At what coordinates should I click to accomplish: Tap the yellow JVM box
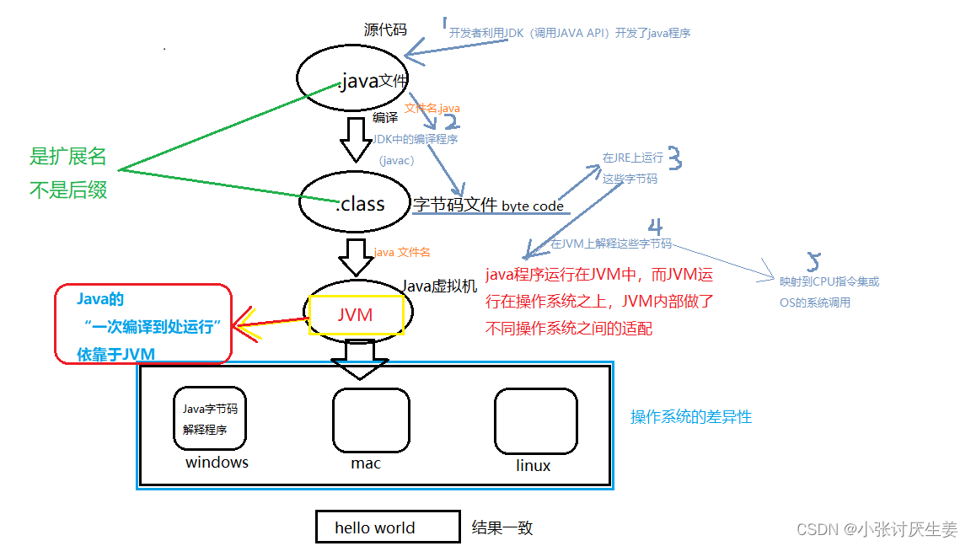(356, 314)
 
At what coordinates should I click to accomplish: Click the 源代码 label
(385, 30)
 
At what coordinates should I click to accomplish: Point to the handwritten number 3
(675, 158)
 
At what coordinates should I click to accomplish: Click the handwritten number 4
(655, 227)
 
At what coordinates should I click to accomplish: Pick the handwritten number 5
(813, 260)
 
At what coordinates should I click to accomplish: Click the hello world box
(387, 527)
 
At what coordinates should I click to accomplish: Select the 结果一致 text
(502, 528)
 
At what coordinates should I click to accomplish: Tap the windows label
(217, 462)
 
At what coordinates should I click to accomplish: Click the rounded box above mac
(370, 420)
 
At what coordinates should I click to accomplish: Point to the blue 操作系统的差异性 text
(690, 416)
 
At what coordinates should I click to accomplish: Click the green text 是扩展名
(68, 156)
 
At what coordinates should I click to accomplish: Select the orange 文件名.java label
(432, 109)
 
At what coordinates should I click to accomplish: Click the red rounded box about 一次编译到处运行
(142, 324)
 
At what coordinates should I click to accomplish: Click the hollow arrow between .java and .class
(355, 139)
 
